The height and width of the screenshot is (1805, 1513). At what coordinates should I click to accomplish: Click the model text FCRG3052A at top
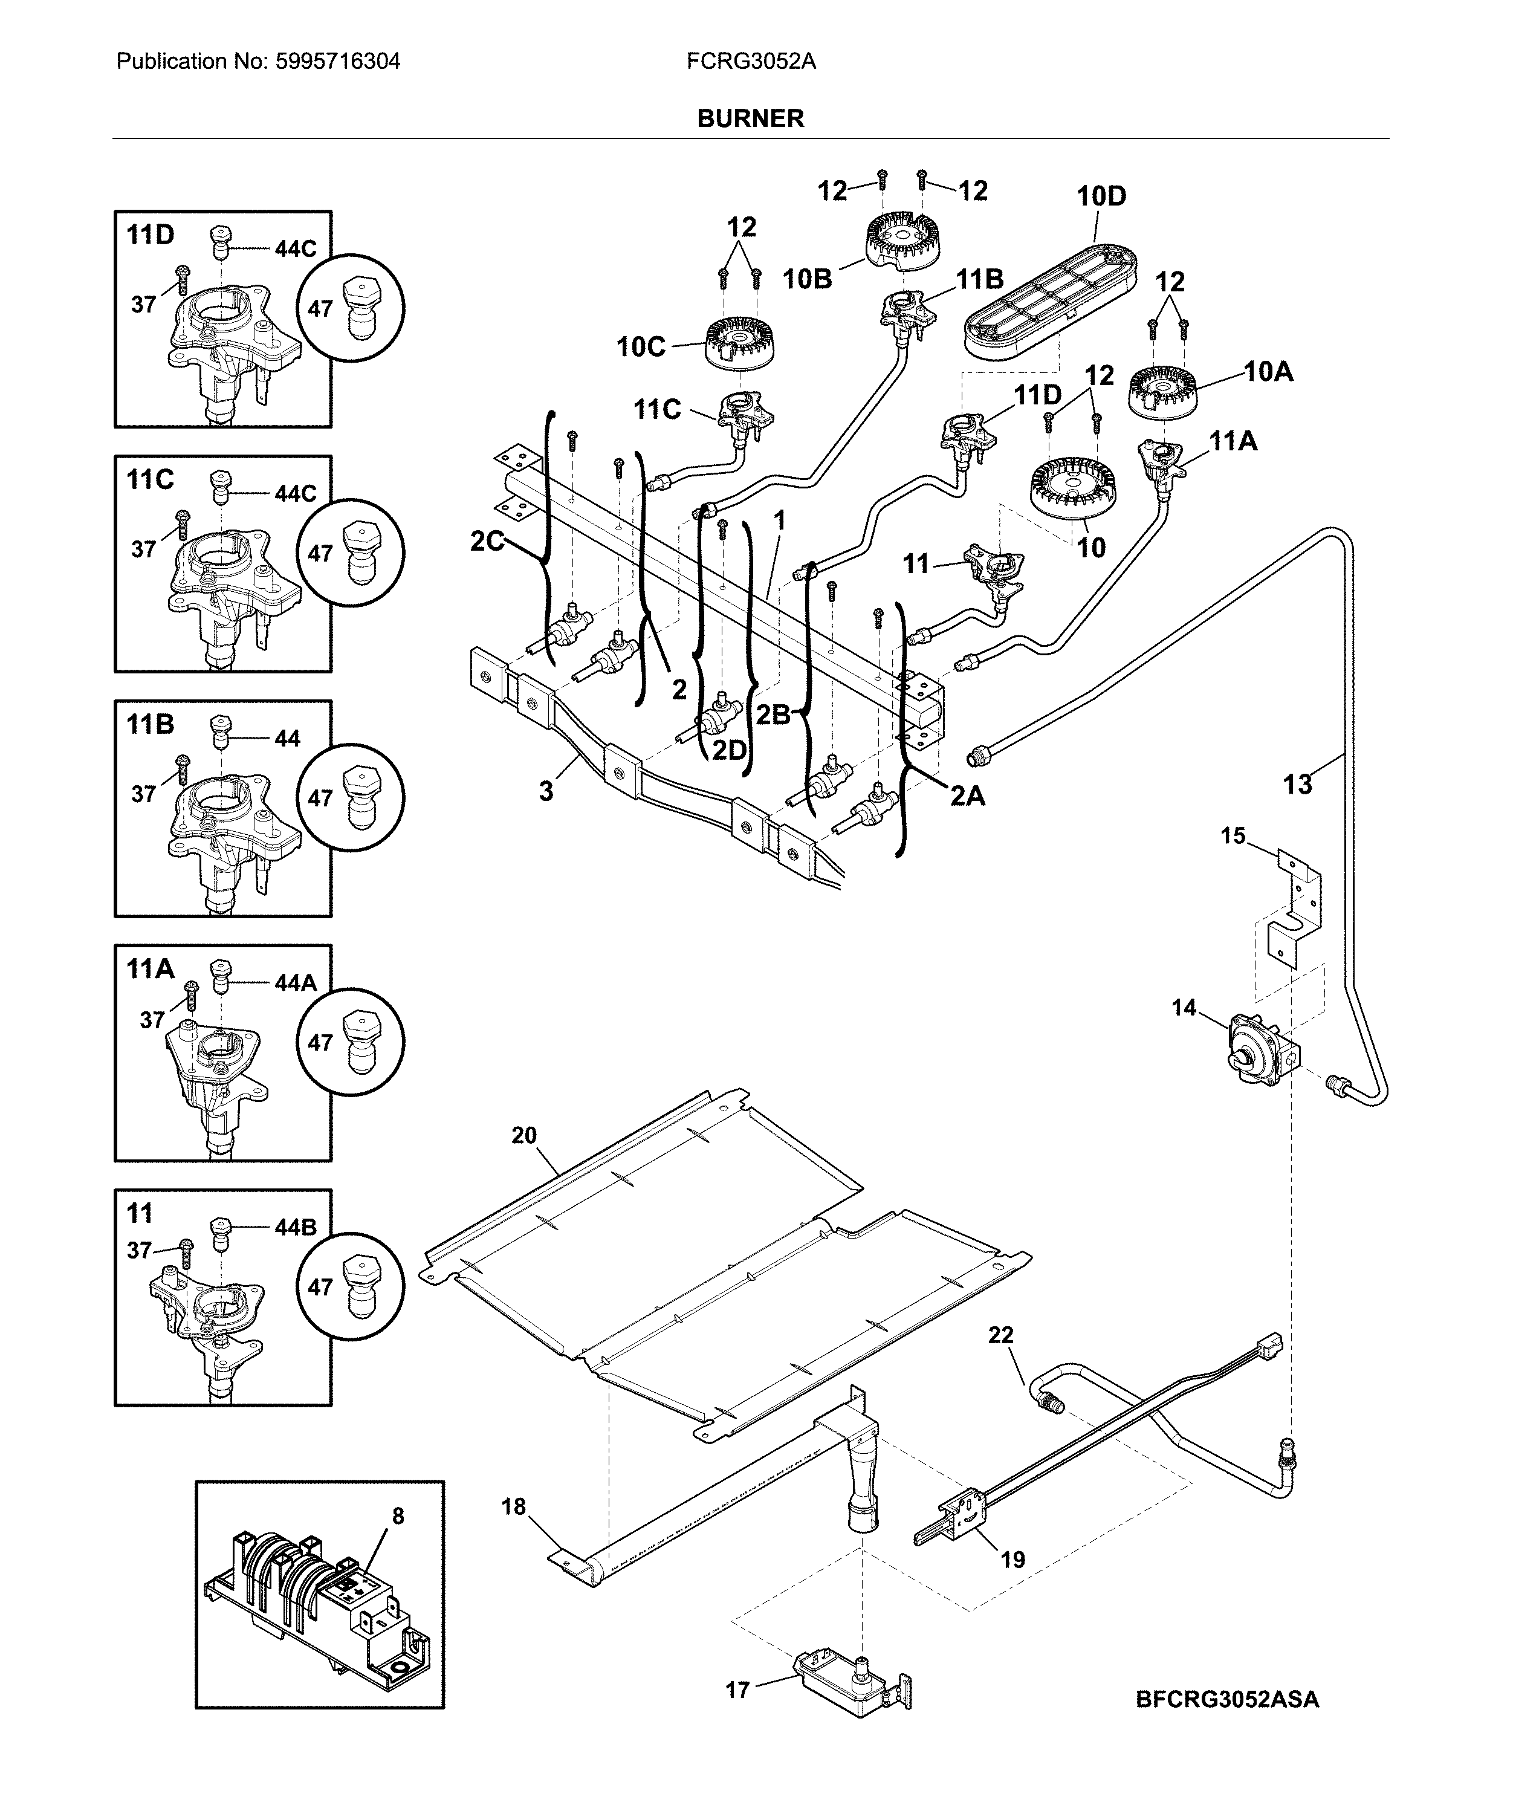click(751, 62)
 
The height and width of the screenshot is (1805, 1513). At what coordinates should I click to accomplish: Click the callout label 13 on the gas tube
click(1297, 784)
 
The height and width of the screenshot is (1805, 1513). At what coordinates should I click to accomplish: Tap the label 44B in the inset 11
click(295, 1227)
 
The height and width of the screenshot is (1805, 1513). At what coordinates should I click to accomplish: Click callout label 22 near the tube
click(1000, 1335)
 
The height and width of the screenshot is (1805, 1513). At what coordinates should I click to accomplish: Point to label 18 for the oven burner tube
click(513, 1507)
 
